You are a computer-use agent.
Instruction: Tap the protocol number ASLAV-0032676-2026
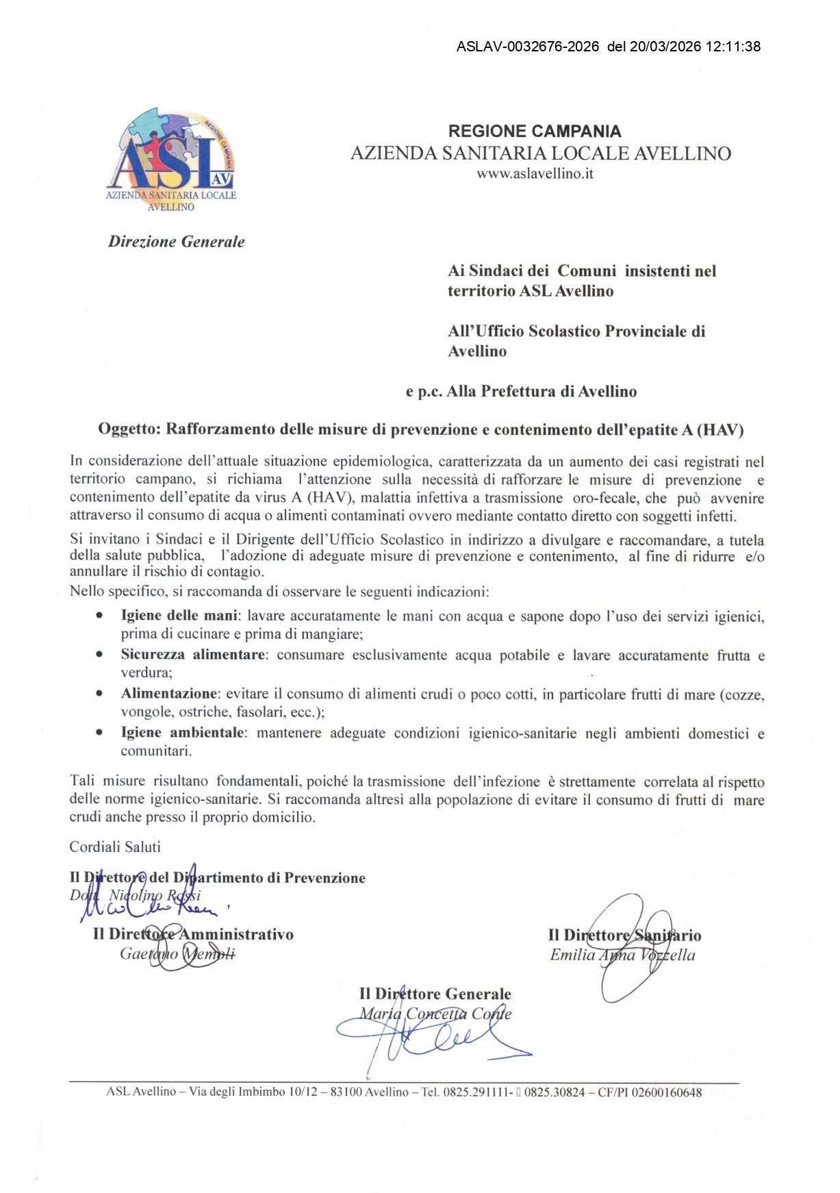[x=527, y=47]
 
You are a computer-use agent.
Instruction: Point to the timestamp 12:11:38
[x=733, y=47]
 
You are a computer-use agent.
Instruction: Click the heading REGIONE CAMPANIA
[x=534, y=131]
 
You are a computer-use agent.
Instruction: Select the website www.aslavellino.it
[x=534, y=174]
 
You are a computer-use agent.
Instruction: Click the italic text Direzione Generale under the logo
[x=176, y=242]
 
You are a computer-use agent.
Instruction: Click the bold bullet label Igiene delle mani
[x=180, y=616]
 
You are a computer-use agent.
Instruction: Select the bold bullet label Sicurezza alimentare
[x=192, y=655]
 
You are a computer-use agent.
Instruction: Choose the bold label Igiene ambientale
[x=182, y=733]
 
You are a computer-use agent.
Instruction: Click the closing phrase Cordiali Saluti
[x=115, y=846]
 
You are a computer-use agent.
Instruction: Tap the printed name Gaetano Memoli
[x=177, y=953]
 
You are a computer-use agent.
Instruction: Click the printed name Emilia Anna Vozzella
[x=622, y=955]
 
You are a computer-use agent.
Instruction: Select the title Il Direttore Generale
[x=435, y=994]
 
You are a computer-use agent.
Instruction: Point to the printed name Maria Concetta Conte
[x=435, y=1014]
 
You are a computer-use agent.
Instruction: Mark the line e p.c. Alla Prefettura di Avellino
[x=521, y=392]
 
